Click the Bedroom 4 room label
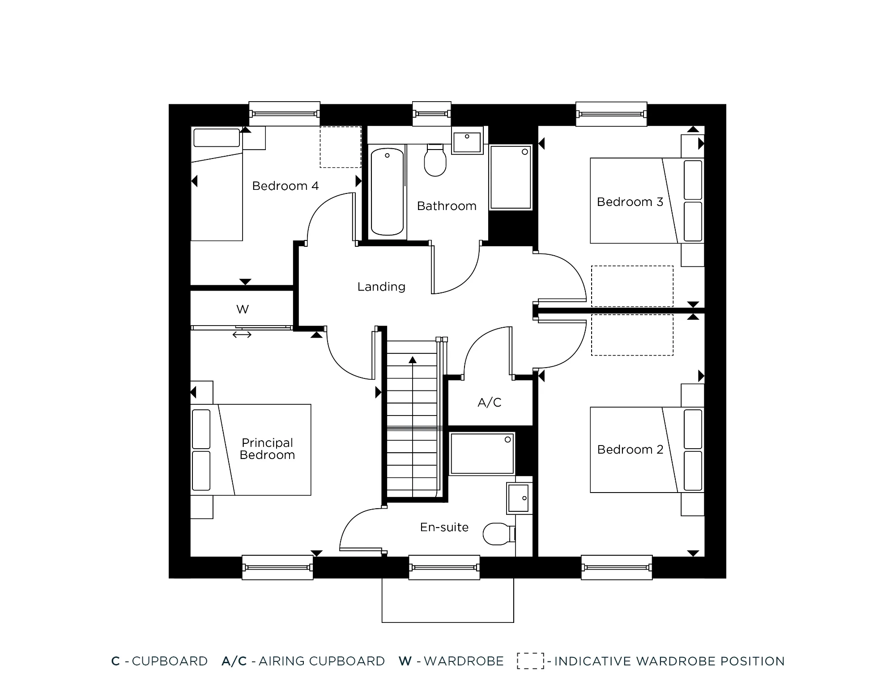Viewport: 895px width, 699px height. point(285,186)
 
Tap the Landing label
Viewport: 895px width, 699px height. point(381,287)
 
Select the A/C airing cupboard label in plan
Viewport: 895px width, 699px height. point(489,403)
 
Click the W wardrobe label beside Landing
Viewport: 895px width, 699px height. point(242,309)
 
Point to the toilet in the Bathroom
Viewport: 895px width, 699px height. point(435,161)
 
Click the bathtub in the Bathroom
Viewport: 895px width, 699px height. point(387,192)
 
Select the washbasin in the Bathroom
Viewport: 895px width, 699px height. point(467,141)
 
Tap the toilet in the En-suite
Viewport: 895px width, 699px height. point(498,533)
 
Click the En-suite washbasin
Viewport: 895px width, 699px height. point(519,498)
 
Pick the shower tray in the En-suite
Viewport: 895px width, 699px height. point(482,453)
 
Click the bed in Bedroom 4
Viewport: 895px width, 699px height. point(217,184)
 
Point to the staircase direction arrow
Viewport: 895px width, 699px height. point(412,360)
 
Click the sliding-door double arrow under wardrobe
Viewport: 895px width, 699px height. point(242,334)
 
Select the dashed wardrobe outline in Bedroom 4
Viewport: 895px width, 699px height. point(340,147)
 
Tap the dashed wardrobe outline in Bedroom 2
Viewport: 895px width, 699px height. point(632,335)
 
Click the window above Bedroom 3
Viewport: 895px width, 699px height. point(611,114)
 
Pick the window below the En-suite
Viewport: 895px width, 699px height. point(444,567)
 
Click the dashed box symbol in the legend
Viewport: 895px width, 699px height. point(530,661)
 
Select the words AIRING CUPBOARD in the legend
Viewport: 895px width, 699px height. point(321,661)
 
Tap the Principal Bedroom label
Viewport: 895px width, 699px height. point(267,449)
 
